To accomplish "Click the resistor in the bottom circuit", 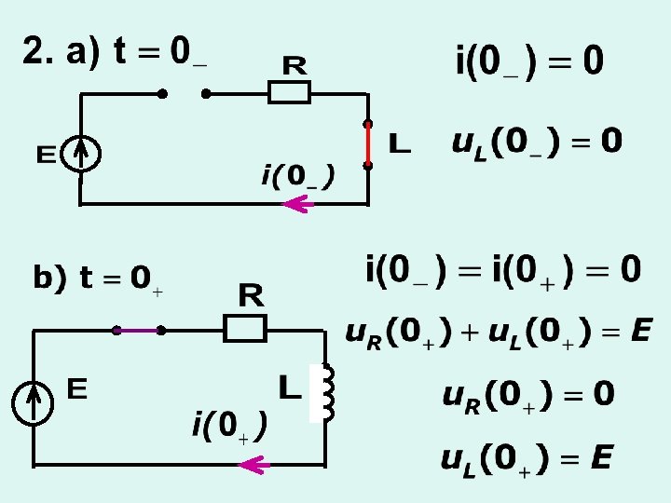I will pos(245,328).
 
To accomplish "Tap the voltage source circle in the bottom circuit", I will pos(34,402).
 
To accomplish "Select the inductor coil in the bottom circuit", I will pos(326,391).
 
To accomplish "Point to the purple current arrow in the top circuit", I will pos(296,204).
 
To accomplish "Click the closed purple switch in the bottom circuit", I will pos(138,330).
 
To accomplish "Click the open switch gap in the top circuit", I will pos(184,94).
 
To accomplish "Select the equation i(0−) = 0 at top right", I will pos(528,61).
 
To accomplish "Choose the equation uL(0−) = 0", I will pos(536,143).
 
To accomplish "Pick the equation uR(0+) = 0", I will pos(527,395).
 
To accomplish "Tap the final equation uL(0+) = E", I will pos(527,458).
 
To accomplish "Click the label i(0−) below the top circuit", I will pos(298,175).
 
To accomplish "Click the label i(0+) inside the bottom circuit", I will pos(229,427).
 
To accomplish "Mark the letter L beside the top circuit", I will pos(399,144).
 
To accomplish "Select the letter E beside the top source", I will pos(47,154).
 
